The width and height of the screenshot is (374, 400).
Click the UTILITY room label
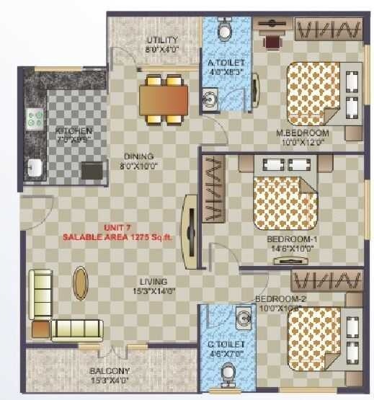click(x=161, y=40)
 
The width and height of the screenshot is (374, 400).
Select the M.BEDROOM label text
click(x=303, y=133)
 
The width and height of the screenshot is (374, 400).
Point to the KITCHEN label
click(x=74, y=131)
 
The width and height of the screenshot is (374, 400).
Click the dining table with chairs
click(x=164, y=97)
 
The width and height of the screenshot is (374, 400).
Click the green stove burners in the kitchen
click(x=34, y=119)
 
